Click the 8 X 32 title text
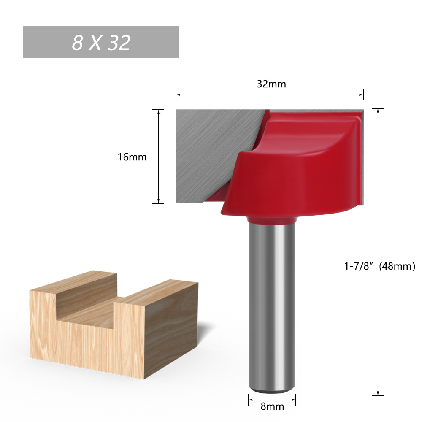coord(101,43)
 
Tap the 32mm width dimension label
coord(271,84)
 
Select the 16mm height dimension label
coord(132,157)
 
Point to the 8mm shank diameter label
coord(273,407)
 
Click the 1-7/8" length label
coord(359,266)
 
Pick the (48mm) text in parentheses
coord(398,266)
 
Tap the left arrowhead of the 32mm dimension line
coord(178,95)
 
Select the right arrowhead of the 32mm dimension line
coord(362,95)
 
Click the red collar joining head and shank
coord(271,219)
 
